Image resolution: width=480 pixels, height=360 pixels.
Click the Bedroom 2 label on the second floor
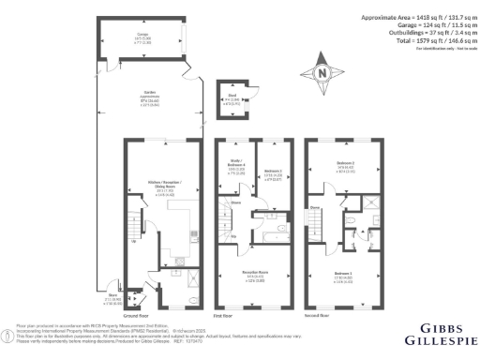pyautogui.click(x=345, y=165)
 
